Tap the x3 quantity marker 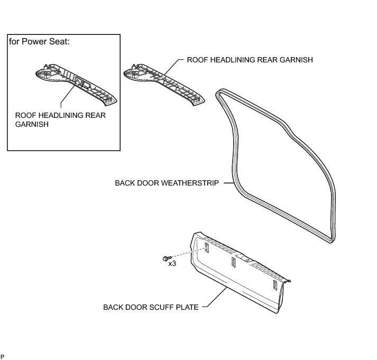[x=172, y=263]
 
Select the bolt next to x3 [x=166, y=258]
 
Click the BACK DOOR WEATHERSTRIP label [x=167, y=183]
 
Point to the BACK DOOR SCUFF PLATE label [x=151, y=307]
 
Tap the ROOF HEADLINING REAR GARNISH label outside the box [x=250, y=60]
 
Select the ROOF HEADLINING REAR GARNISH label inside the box [x=60, y=120]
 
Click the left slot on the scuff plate [x=207, y=246]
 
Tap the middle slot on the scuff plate [x=233, y=263]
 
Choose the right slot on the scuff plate [x=275, y=285]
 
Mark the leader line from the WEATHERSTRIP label [x=228, y=183]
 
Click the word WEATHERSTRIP [x=192, y=183]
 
